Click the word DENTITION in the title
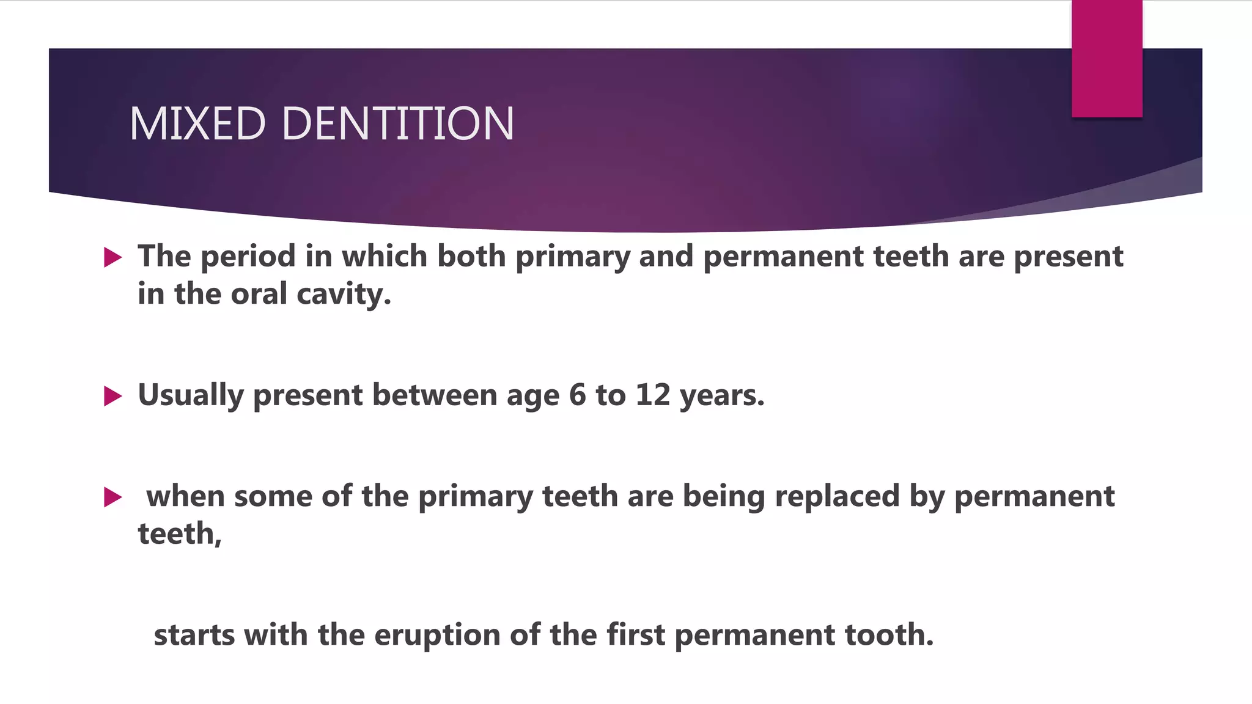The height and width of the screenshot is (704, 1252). point(398,123)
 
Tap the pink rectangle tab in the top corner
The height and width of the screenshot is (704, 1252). point(1107,59)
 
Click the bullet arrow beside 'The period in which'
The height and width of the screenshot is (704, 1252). point(113,257)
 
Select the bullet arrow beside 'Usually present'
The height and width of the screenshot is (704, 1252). point(113,396)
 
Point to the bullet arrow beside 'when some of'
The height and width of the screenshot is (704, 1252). point(113,497)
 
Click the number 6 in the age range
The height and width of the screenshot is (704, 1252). point(577,395)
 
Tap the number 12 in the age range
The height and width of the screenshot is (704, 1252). point(653,395)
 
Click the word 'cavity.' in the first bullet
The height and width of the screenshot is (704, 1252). point(344,295)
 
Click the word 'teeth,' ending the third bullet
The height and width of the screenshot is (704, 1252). point(180,535)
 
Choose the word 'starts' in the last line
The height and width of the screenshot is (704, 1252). point(194,636)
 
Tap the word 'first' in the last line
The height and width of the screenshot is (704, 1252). point(635,635)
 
